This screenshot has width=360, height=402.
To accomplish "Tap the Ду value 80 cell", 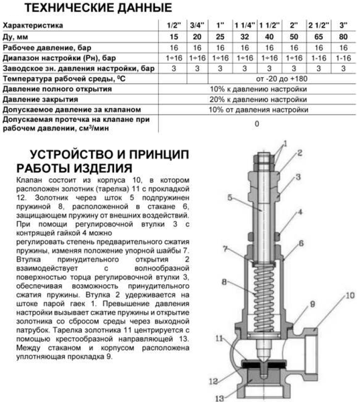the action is tap(345, 36).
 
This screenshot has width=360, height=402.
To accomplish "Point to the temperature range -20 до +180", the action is tap(258, 78).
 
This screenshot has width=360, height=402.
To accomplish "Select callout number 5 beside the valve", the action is tap(229, 198).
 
